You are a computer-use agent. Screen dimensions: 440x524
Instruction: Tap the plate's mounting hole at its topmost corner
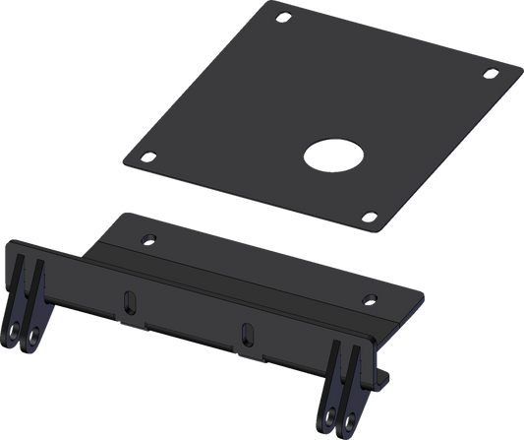coord(283,17)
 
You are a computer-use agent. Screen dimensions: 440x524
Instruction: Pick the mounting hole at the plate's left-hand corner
coord(148,154)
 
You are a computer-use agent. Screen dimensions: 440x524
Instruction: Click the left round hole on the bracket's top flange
coord(148,238)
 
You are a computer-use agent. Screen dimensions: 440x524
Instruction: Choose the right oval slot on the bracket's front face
coord(248,335)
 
